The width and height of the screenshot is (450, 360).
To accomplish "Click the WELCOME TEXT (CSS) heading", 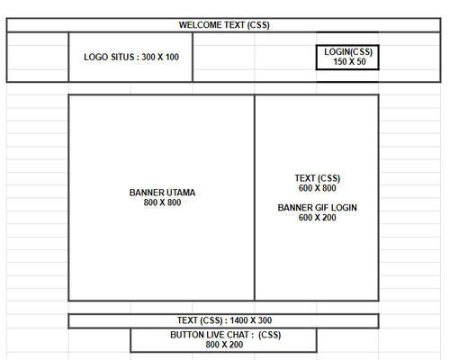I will pyautogui.click(x=224, y=24).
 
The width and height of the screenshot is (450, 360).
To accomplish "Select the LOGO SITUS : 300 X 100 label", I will pyautogui.click(x=131, y=57).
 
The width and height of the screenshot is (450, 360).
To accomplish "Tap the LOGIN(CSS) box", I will pyautogui.click(x=347, y=57).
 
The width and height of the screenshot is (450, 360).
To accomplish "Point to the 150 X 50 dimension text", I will pyautogui.click(x=347, y=61).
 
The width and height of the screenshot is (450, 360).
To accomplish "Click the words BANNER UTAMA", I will pyautogui.click(x=162, y=193).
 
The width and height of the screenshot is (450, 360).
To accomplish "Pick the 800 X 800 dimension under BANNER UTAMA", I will pyautogui.click(x=162, y=202).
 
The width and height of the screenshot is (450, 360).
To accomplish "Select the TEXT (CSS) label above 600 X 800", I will pyautogui.click(x=317, y=178).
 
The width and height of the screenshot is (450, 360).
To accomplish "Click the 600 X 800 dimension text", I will pyautogui.click(x=317, y=188).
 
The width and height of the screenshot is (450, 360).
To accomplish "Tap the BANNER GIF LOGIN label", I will pyautogui.click(x=317, y=208).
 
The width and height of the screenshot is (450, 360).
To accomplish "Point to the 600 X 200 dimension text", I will pyautogui.click(x=317, y=218).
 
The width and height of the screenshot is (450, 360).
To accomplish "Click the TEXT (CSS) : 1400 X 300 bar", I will pyautogui.click(x=224, y=320).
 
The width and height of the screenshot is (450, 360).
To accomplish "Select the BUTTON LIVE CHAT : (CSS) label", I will pyautogui.click(x=224, y=335).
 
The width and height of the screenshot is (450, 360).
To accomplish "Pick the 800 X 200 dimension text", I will pyautogui.click(x=224, y=345).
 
